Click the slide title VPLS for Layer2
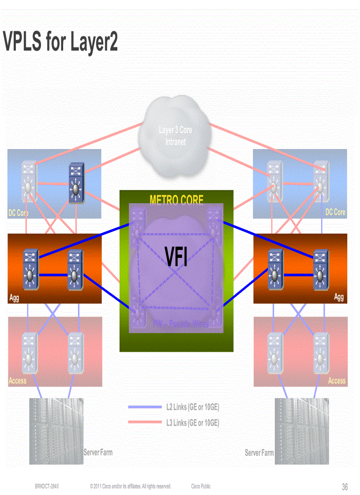60,42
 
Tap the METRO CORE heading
176,201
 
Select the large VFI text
176,257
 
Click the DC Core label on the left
18,213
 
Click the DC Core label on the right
335,212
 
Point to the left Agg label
14,298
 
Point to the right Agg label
338,297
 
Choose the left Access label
18,381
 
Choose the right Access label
337,381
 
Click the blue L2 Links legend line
145,407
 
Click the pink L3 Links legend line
145,423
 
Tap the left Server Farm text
98,452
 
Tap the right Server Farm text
259,453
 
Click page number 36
345,487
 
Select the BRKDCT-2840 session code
47,487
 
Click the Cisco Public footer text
201,487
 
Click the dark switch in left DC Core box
76,183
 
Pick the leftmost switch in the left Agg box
30,270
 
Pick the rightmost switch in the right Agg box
321,270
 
